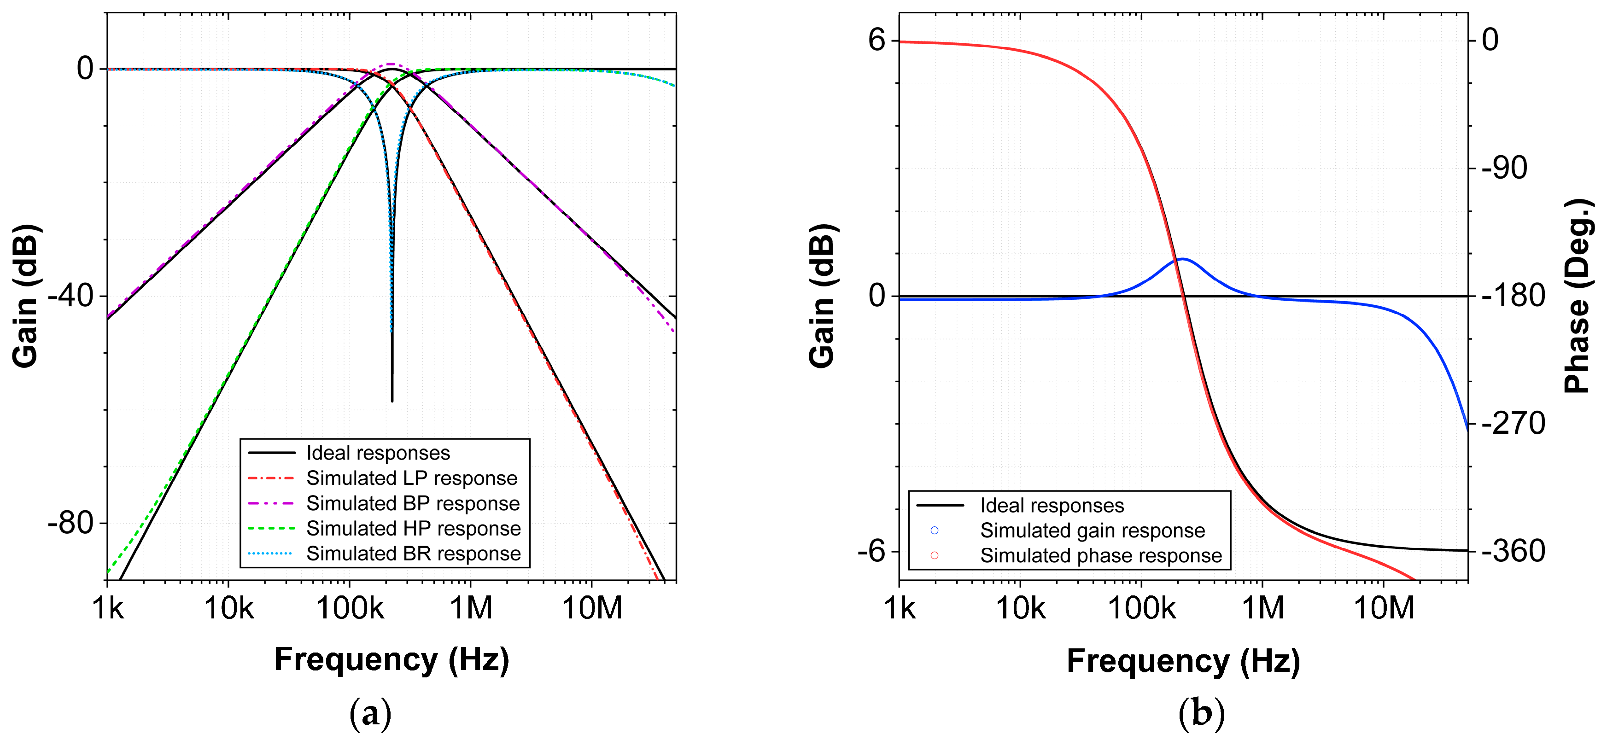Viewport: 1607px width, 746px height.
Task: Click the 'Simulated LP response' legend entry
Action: click(411, 478)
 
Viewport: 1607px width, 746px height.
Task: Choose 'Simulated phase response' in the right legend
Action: click(1100, 555)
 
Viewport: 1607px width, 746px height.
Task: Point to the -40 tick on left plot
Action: click(70, 296)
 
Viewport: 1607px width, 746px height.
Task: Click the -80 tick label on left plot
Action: click(70, 523)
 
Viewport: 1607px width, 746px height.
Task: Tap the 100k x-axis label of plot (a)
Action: click(349, 607)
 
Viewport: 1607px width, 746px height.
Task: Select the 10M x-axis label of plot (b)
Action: click(1384, 607)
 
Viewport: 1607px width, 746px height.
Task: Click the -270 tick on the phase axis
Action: click(1512, 424)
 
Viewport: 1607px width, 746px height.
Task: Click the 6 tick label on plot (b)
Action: click(876, 41)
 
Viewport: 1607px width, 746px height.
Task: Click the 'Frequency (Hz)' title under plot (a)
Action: click(391, 659)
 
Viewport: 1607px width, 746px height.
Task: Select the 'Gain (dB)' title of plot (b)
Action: click(822, 296)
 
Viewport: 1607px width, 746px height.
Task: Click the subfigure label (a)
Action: click(371, 713)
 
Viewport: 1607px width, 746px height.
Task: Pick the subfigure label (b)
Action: click(1201, 713)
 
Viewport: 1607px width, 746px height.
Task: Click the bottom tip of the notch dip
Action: click(392, 401)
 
